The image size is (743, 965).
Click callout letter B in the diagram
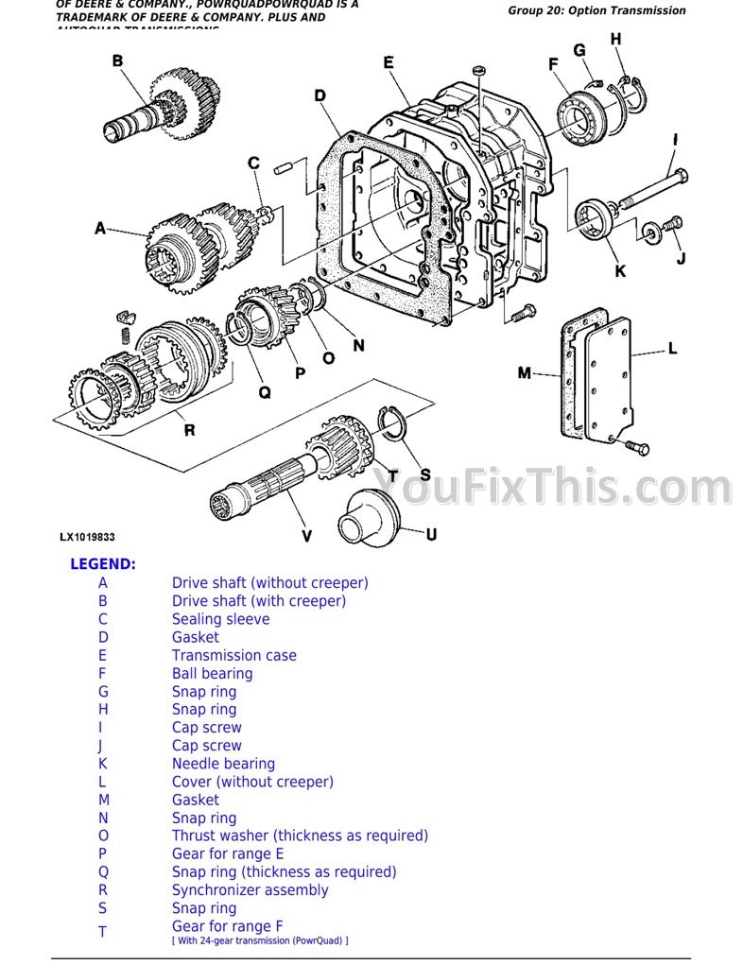117,61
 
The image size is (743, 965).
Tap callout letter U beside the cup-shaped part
431,534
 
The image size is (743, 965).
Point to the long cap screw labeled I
651,189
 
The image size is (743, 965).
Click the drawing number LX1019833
87,537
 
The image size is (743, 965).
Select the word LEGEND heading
103,564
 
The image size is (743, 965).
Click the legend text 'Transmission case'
233,655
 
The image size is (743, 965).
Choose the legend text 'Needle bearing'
223,764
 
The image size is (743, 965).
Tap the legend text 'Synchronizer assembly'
250,890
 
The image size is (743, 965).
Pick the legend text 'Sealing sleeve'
220,619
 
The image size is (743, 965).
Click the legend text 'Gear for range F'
227,926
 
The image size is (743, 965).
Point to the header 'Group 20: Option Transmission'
596,10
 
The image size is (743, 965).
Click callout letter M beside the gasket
525,373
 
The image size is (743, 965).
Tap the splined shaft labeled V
274,482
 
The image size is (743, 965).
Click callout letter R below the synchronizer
189,430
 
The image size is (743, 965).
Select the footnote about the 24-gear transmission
260,940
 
